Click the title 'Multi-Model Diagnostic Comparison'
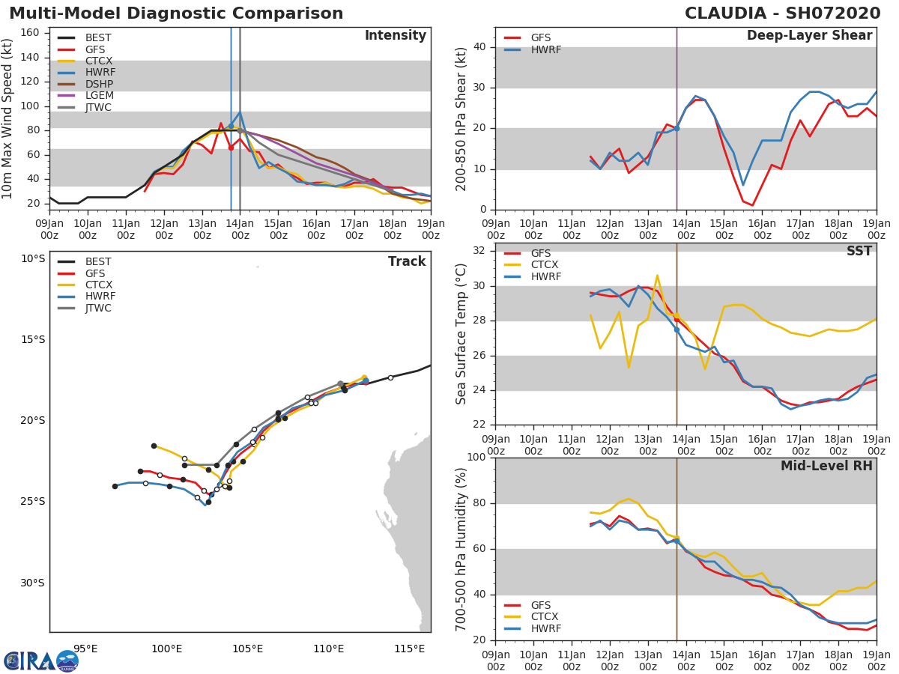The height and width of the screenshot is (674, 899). point(176,13)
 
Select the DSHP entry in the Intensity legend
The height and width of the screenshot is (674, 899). point(99,84)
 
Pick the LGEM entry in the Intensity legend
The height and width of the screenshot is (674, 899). point(99,96)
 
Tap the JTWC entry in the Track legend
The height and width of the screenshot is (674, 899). point(99,308)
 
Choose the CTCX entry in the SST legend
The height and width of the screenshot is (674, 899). point(545,265)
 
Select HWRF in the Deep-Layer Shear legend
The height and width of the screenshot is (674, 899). point(545,49)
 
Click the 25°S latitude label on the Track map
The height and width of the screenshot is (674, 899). point(32,502)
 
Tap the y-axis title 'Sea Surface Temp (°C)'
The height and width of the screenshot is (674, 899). point(461,333)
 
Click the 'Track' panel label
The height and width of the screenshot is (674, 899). point(407,261)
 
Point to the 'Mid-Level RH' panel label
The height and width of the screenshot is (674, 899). point(826,466)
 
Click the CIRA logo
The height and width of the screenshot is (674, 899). point(41,661)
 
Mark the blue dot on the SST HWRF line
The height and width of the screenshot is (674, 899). point(676,330)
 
